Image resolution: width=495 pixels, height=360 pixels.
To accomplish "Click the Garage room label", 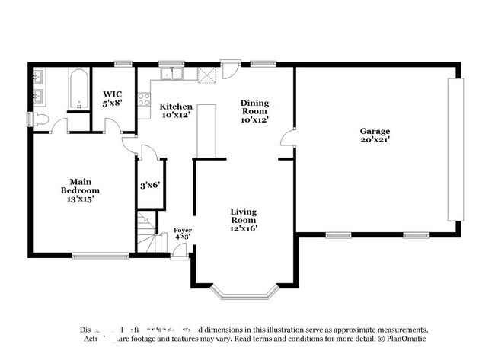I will (375, 131).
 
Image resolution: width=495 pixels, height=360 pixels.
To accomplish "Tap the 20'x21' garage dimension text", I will (375, 140).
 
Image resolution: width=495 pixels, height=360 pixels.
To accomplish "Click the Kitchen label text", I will (176, 107).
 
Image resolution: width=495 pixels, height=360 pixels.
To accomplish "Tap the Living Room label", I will (244, 215).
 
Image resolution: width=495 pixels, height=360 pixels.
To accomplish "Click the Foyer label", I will (182, 230).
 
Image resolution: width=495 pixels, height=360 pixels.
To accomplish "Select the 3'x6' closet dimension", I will (150, 185).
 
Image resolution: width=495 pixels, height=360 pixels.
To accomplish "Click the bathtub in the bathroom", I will (78, 91).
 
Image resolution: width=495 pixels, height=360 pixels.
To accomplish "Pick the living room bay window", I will (241, 291).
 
